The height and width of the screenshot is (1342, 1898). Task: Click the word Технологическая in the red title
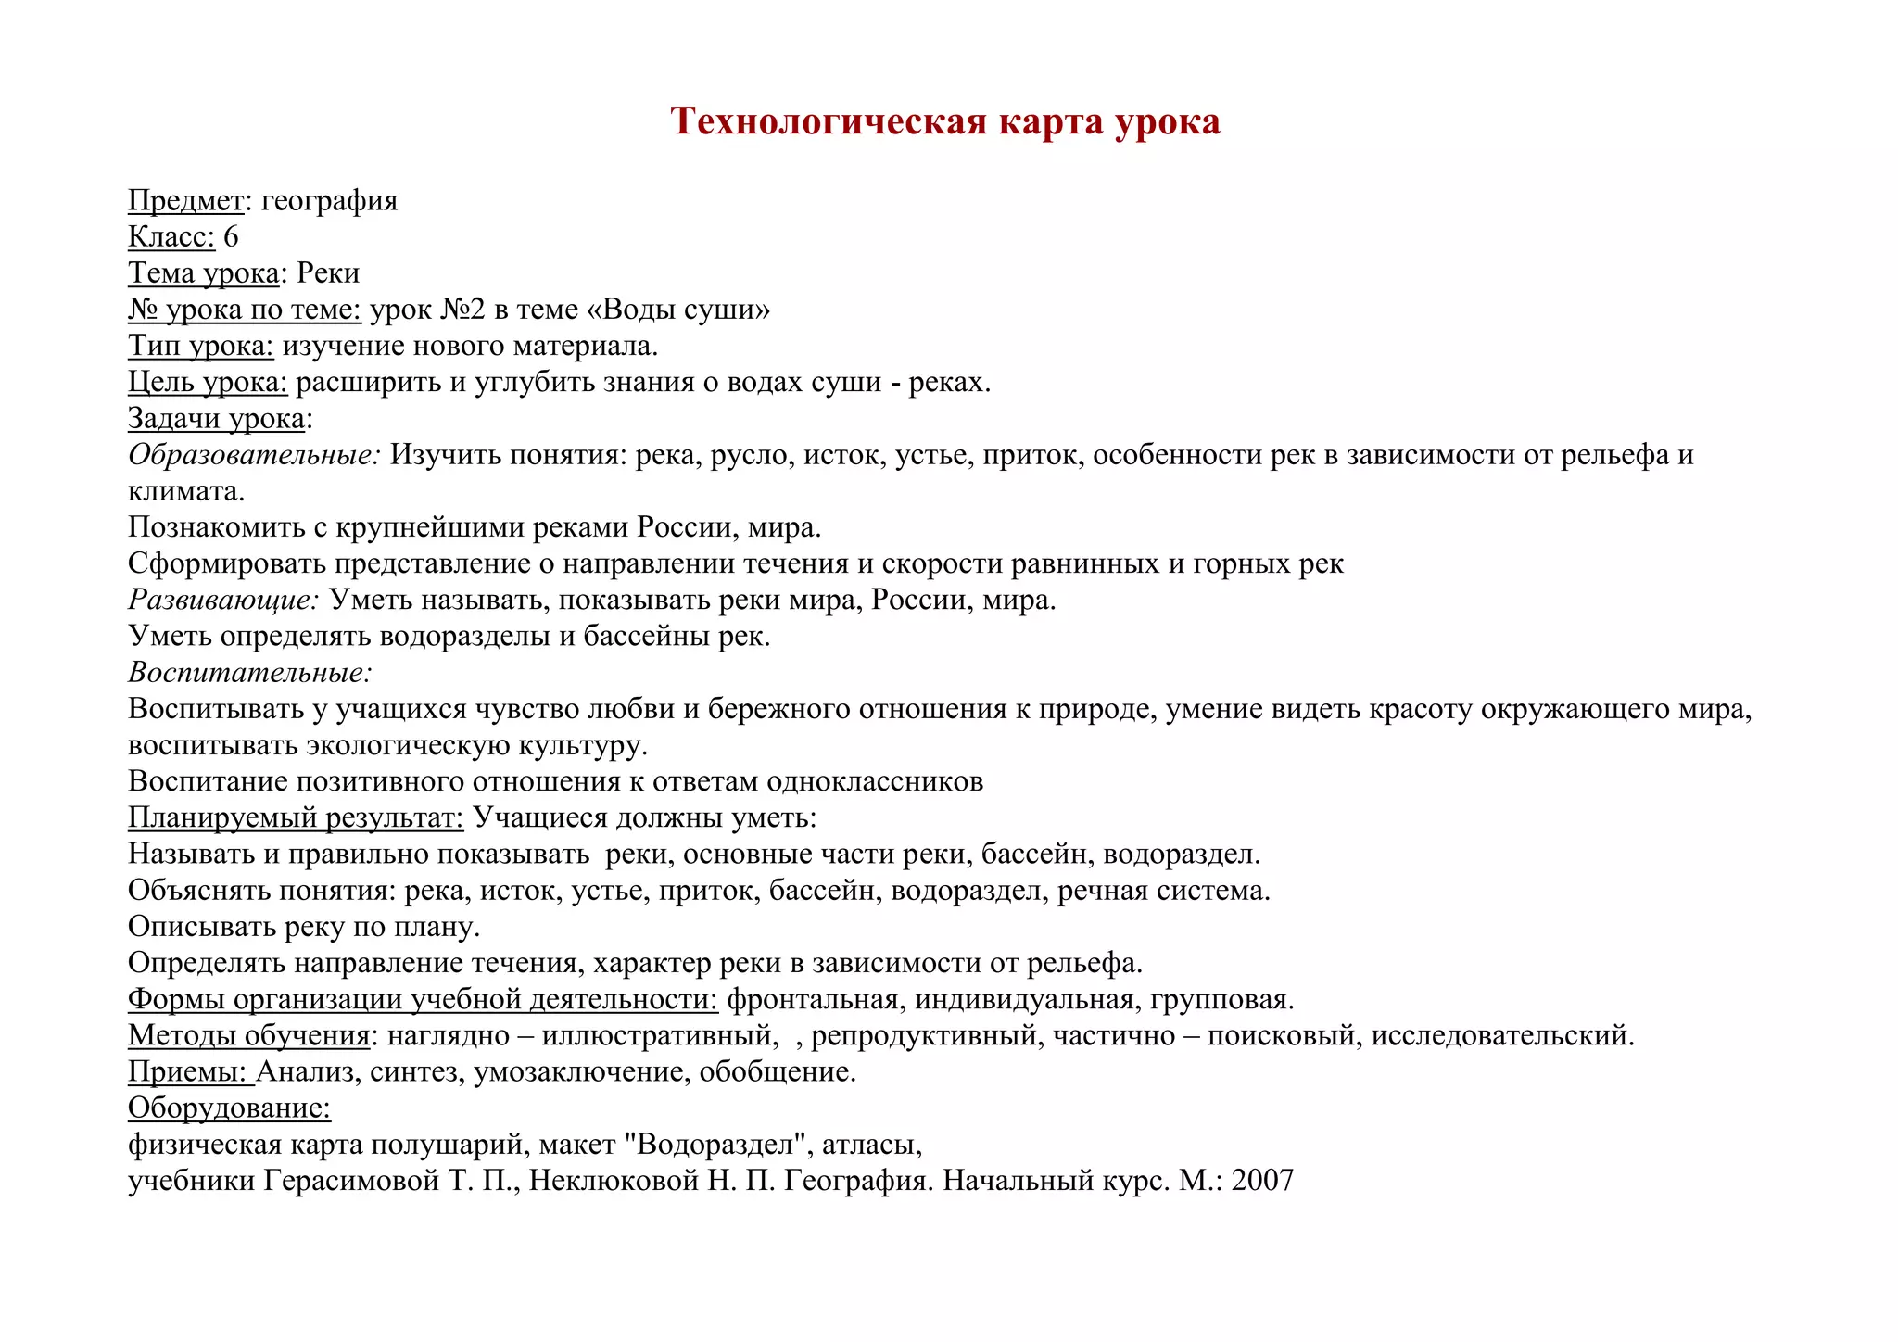pyautogui.click(x=829, y=121)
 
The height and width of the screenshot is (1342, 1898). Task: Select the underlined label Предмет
pyautogui.click(x=185, y=200)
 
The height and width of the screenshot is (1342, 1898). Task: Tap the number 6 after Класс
pyautogui.click(x=231, y=236)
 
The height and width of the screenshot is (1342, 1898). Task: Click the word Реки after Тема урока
pyautogui.click(x=328, y=272)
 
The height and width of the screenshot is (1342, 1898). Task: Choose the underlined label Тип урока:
pyautogui.click(x=200, y=346)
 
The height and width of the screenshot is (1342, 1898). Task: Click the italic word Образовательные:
pyautogui.click(x=254, y=454)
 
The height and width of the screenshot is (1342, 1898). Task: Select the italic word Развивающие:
pyautogui.click(x=223, y=600)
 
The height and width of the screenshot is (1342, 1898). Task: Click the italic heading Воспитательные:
pyautogui.click(x=249, y=672)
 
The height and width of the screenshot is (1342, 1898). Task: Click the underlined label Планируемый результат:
pyautogui.click(x=296, y=817)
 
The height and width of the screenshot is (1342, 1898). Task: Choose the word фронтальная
pyautogui.click(x=813, y=999)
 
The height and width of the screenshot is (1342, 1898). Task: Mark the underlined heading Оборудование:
pyautogui.click(x=229, y=1108)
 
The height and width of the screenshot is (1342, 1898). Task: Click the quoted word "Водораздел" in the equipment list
pyautogui.click(x=716, y=1145)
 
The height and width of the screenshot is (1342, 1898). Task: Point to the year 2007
pyautogui.click(x=1262, y=1181)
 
